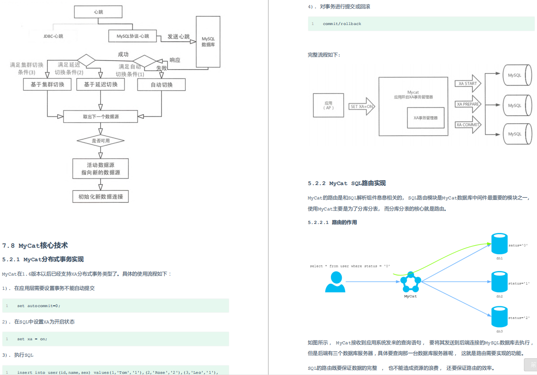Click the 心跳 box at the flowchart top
click(98, 12)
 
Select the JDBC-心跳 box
click(53, 36)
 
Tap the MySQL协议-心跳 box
click(133, 36)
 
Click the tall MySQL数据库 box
click(208, 41)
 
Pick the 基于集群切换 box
click(47, 84)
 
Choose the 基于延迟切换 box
click(101, 84)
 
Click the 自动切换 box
click(162, 85)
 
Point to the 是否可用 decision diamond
click(100, 140)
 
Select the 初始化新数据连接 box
click(101, 197)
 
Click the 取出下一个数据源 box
click(101, 116)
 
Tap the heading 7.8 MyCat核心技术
click(35, 246)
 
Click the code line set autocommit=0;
click(38, 305)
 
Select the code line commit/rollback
click(342, 24)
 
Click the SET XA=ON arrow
click(361, 106)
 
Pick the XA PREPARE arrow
click(468, 104)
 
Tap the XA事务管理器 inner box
click(425, 117)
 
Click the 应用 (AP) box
click(328, 106)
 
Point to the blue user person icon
click(335, 282)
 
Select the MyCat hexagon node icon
click(410, 282)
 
